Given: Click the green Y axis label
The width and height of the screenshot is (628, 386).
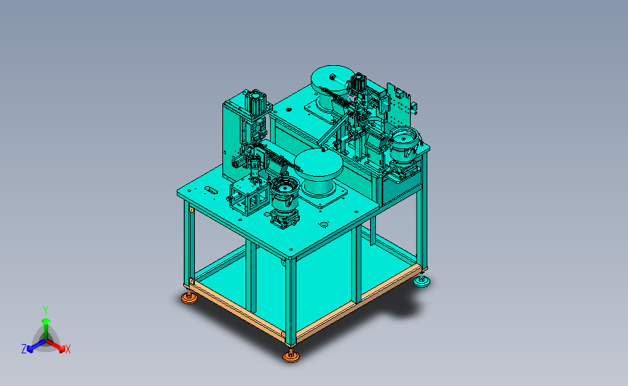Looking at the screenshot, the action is pos(46,311).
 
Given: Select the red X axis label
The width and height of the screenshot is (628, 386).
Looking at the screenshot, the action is pos(67,349).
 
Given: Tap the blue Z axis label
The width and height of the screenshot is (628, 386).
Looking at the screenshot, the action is pos(24,349).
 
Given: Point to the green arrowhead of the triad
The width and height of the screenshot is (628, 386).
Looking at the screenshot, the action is pos(46,321).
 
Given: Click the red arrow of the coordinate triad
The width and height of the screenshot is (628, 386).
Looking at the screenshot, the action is pos(55,345).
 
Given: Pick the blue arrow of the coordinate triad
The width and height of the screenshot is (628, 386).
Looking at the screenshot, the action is pos(36,345).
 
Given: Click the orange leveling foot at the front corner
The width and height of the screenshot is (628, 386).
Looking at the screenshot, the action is pos(291,356).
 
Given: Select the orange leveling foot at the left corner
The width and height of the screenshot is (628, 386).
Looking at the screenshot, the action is pos(189,298).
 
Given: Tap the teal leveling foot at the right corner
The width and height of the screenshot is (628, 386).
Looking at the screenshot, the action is pos(422,282).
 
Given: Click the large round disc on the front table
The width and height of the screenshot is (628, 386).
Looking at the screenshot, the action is pos(319,164).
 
